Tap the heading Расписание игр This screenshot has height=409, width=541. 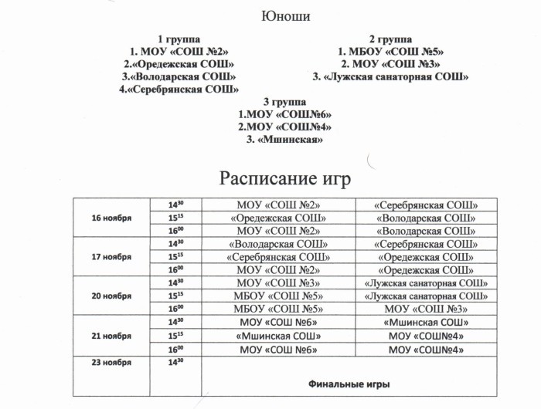coord(285,178)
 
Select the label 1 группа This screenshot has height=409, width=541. coord(179,39)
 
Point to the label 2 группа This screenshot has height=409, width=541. coord(390,39)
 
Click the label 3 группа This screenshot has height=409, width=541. coord(284,102)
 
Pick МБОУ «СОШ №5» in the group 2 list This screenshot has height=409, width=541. coord(390,52)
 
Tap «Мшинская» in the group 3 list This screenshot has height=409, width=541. coord(284,139)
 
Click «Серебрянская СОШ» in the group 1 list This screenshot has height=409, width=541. coord(179,90)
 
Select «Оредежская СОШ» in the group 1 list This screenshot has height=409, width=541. coord(179,64)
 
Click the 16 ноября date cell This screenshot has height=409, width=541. coord(112,218)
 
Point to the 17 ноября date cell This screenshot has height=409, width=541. coord(112,257)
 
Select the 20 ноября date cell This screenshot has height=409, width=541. coord(112,296)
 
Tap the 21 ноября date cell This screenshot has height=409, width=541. coord(112,336)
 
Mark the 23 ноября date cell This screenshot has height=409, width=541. coord(112,361)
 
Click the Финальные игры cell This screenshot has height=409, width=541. coord(349,384)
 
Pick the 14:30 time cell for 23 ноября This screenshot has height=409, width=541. coord(175,361)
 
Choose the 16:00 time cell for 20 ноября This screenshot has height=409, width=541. coord(175,309)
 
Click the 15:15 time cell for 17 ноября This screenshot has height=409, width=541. coord(175,257)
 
